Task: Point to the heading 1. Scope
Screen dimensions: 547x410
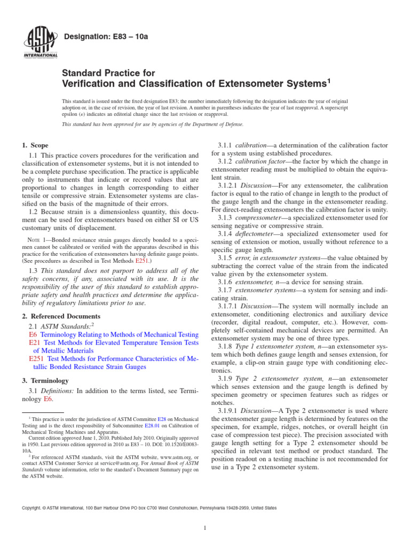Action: [35, 145]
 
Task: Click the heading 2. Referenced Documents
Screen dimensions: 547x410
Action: [61, 316]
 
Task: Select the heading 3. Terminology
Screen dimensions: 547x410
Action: [45, 380]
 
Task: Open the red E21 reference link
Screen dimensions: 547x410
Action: [34, 343]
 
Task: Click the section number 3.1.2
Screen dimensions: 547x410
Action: [226, 161]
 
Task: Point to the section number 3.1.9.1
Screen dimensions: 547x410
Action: [230, 410]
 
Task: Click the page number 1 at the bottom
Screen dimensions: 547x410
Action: [205, 529]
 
